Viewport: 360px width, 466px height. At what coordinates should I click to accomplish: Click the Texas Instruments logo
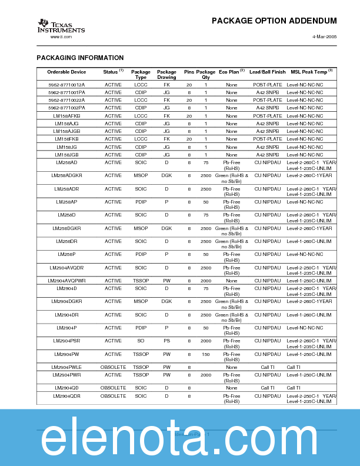(61, 26)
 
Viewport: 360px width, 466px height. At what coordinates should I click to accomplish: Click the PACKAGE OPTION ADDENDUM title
(274, 21)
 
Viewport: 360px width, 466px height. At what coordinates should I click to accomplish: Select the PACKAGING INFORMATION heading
(80, 58)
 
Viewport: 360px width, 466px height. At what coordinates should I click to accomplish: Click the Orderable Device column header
(66, 72)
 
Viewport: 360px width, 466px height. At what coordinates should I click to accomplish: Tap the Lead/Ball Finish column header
(267, 72)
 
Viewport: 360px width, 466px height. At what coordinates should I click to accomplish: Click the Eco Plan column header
(231, 72)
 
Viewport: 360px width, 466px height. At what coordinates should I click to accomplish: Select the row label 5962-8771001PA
(66, 92)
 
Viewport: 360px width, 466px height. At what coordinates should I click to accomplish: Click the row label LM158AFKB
(66, 116)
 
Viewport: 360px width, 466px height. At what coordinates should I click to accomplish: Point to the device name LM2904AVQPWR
(66, 281)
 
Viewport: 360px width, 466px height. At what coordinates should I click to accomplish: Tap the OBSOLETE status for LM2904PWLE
(113, 367)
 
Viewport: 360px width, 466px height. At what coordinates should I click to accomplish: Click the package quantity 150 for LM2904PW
(205, 354)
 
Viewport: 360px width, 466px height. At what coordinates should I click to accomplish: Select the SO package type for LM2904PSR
(141, 341)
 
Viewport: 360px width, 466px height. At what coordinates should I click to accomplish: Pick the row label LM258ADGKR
(66, 175)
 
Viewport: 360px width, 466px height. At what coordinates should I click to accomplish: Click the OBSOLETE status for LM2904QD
(113, 388)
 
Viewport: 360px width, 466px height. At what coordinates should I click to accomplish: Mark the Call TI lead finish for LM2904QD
(267, 388)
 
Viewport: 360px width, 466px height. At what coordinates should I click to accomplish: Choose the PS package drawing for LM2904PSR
(166, 341)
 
